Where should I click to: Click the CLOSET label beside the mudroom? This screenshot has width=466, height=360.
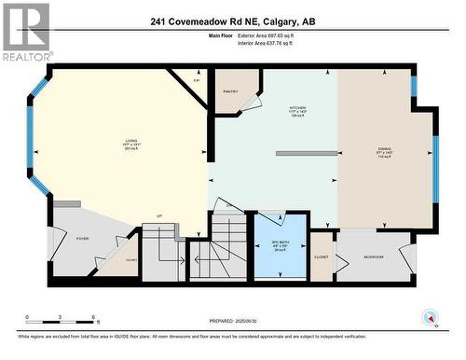pos(322,256)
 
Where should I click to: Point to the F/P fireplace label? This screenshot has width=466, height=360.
pos(196,81)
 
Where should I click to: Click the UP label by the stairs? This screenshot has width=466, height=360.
pos(159,215)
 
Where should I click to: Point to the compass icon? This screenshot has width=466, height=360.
pos(430,317)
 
